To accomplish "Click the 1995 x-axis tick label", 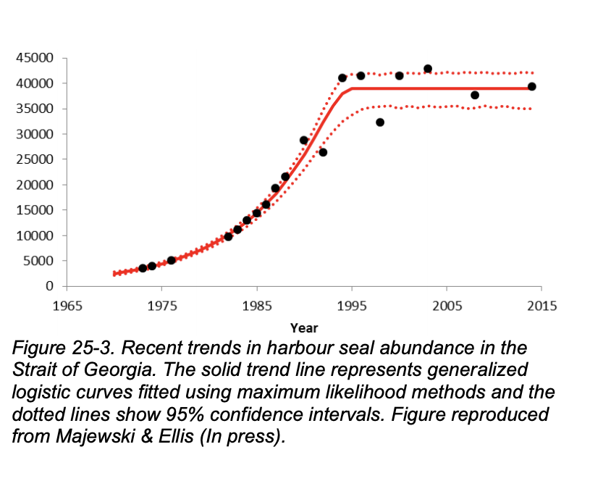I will click(352, 305).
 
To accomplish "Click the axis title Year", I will click(304, 328).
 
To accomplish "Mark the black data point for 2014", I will click(531, 86).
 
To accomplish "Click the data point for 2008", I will click(475, 95).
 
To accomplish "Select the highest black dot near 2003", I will click(428, 69).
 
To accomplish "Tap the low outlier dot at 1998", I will click(380, 122).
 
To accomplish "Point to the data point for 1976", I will click(172, 260).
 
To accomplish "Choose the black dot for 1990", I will click(304, 141).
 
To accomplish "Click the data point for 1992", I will click(323, 152).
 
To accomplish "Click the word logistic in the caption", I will click(38, 392).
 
